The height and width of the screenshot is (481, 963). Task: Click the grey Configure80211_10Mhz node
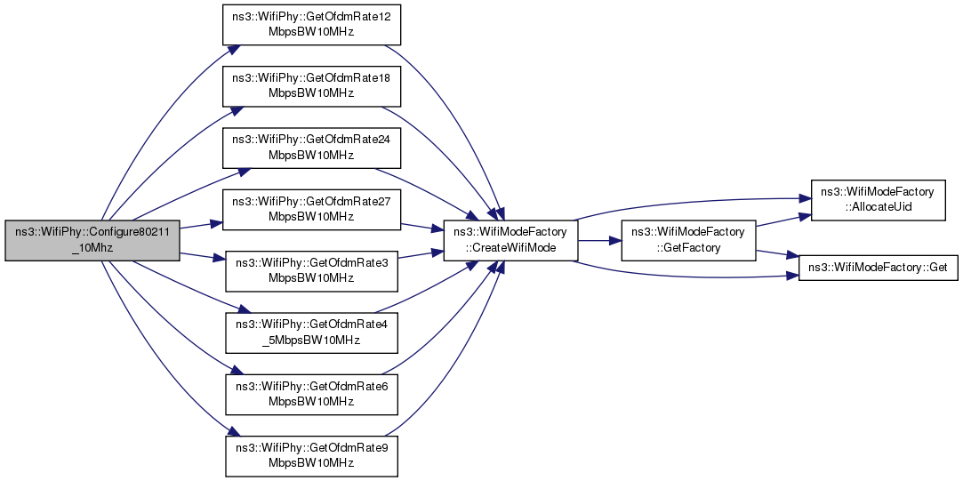coord(92,240)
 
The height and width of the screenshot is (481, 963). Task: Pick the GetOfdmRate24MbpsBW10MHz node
coord(311,148)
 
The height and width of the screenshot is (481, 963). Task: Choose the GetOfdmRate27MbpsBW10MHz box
coord(311,210)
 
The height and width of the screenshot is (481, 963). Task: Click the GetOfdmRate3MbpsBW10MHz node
coord(311,271)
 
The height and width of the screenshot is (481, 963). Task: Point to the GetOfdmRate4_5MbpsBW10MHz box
coord(311,333)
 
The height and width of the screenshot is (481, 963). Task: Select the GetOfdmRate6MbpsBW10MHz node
coord(311,394)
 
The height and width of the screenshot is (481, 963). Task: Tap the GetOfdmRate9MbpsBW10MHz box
coord(311,456)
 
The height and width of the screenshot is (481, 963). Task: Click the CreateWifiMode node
coord(510,240)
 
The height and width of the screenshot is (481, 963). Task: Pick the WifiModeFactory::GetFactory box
coord(688,240)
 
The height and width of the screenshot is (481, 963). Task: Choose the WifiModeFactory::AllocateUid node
coord(879,200)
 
